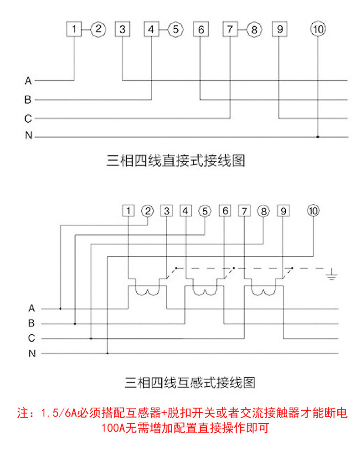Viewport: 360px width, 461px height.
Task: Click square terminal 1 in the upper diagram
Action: click(74, 29)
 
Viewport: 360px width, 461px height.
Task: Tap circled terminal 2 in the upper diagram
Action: click(98, 29)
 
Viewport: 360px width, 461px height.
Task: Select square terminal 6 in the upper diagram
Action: click(201, 29)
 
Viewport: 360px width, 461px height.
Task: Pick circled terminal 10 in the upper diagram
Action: click(318, 29)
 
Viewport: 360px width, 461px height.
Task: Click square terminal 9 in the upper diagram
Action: click(280, 29)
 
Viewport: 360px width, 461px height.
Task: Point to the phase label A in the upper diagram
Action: click(28, 81)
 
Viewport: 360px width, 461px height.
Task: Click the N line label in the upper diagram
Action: click(29, 135)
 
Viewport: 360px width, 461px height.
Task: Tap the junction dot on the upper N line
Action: click(318, 137)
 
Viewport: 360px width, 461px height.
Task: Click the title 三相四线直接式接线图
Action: click(176, 161)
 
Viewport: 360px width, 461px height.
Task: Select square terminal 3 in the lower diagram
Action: click(167, 211)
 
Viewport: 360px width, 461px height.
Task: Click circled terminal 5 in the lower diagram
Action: click(205, 211)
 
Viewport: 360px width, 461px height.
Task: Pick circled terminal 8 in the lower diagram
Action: click(263, 211)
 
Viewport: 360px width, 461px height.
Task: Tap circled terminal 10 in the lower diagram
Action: click(313, 211)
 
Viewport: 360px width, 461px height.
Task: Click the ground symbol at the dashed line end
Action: click(331, 275)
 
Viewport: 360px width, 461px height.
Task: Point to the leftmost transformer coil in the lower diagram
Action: click(147, 292)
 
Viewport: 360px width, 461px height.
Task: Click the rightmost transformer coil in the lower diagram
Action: click(263, 292)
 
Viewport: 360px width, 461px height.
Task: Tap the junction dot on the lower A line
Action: click(60, 309)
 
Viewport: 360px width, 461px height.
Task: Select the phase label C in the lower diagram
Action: click(31, 338)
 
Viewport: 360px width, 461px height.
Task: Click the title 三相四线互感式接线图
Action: click(190, 383)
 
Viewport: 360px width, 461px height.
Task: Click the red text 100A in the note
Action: click(113, 428)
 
